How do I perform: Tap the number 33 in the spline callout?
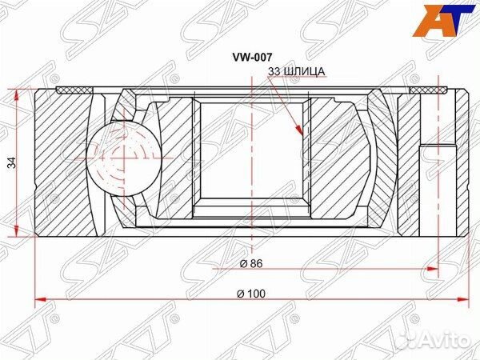point(274,72)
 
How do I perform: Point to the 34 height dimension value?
point(10,162)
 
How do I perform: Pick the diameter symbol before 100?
point(241,294)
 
